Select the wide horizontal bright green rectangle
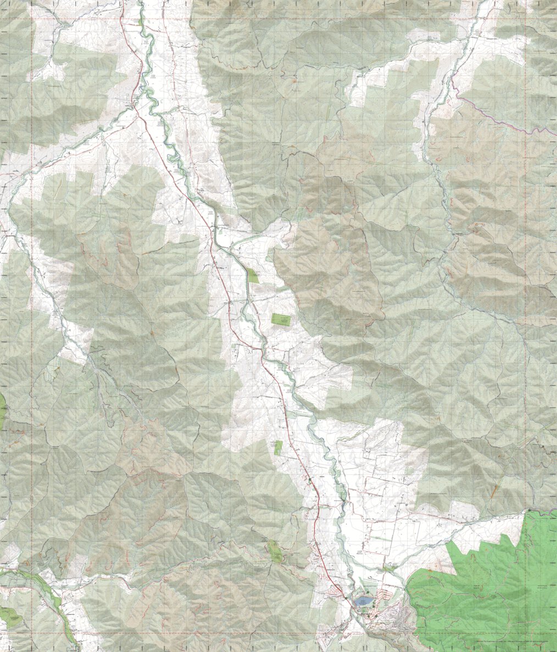pos(282,319)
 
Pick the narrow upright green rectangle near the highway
pos(278,447)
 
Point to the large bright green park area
pos(483,587)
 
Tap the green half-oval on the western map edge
pos(2,409)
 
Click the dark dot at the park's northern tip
pos(529,510)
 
